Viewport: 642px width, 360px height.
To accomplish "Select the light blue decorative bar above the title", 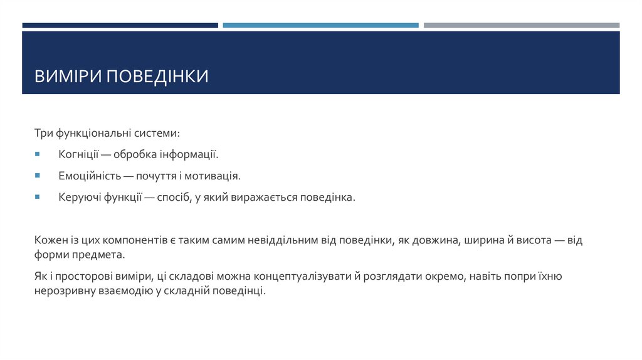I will click(x=320, y=26).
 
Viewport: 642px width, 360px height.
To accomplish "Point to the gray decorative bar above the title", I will click(x=521, y=26).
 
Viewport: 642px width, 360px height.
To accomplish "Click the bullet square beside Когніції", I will click(x=38, y=154).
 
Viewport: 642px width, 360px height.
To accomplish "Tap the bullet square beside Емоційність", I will click(x=38, y=175).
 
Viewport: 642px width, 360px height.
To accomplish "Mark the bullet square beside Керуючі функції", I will click(x=38, y=197).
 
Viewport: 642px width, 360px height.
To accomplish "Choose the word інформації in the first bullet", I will click(x=191, y=154).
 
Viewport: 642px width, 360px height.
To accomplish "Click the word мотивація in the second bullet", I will click(x=216, y=176).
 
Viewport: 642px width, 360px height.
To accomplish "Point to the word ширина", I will click(x=483, y=241).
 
